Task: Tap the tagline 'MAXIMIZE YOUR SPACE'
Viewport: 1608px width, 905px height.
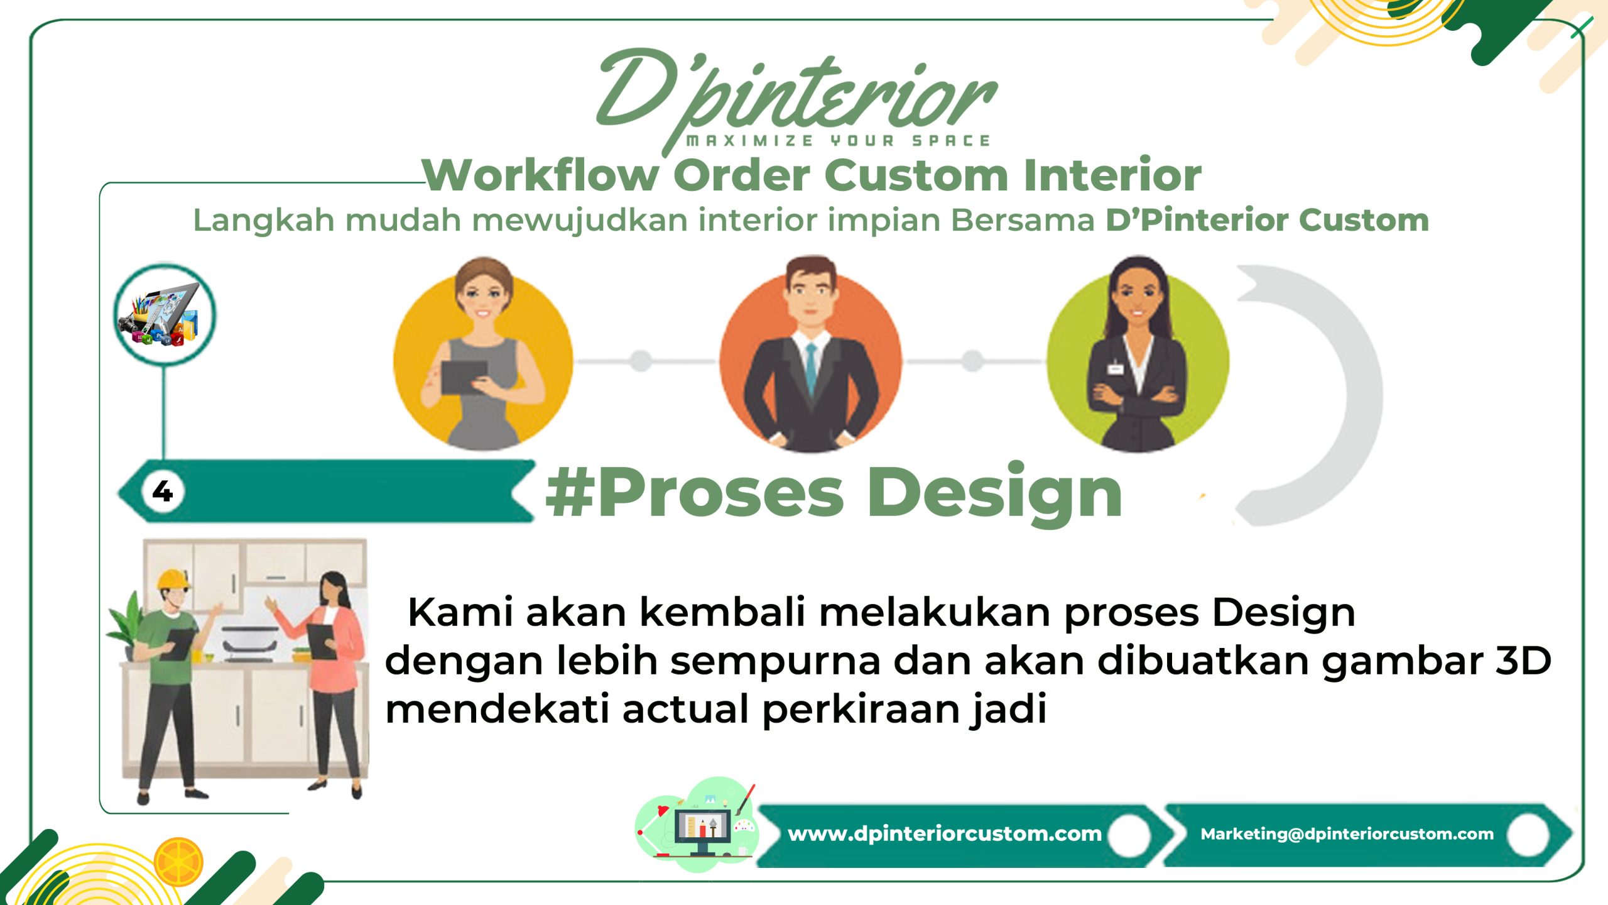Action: pyautogui.click(x=839, y=141)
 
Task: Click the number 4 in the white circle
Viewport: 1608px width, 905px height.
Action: pyautogui.click(x=163, y=491)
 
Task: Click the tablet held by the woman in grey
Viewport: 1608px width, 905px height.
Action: pyautogui.click(x=464, y=377)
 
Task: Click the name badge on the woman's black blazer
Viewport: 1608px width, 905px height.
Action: pyautogui.click(x=1115, y=367)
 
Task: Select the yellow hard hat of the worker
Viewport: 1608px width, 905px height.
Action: pyautogui.click(x=173, y=579)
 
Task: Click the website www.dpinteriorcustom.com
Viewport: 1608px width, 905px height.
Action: pyautogui.click(x=945, y=834)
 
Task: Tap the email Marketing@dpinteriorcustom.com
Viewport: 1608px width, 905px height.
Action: pyautogui.click(x=1347, y=834)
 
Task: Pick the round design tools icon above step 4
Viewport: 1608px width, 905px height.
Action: pyautogui.click(x=165, y=315)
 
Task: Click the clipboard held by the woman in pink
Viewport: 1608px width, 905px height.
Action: pyautogui.click(x=322, y=641)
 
